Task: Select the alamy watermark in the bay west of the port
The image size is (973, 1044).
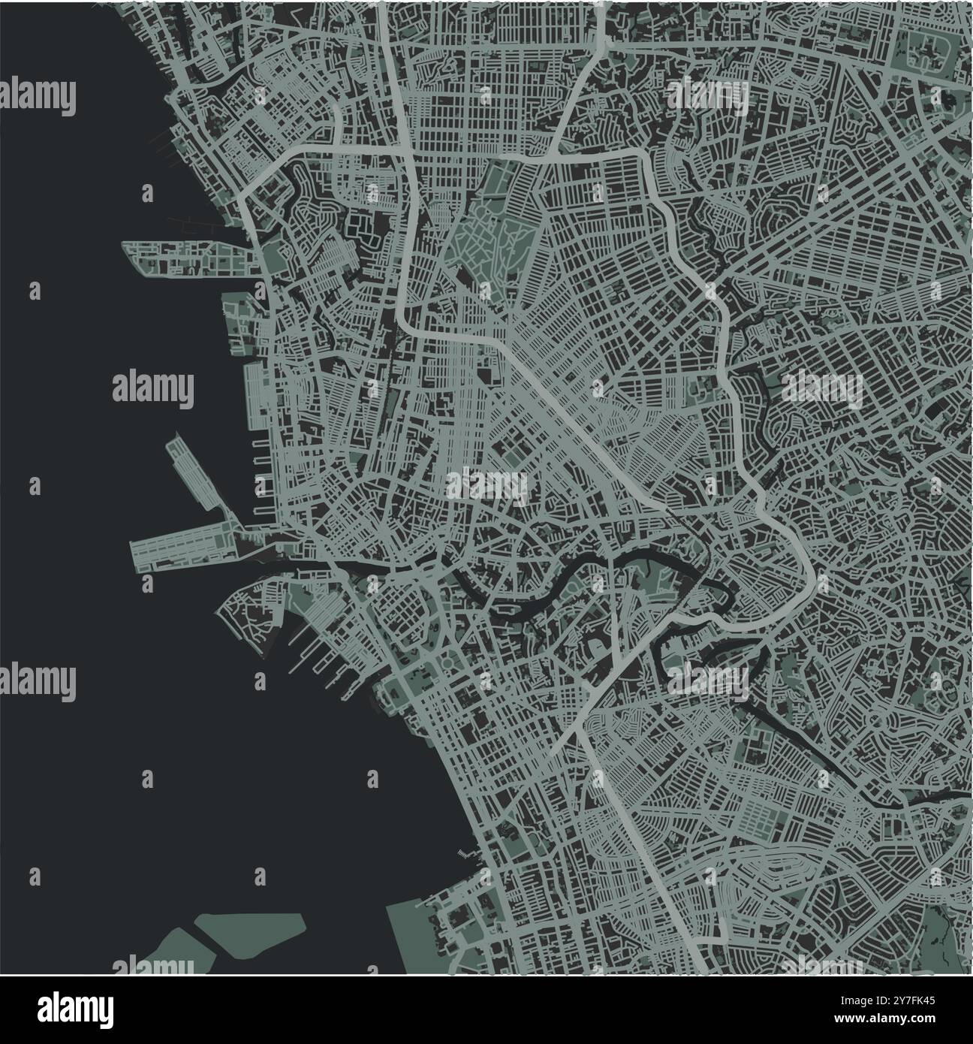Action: coord(153,388)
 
